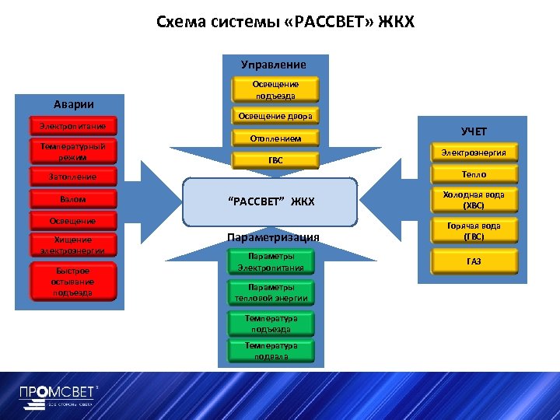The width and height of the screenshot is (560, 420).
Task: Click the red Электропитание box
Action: [72, 126]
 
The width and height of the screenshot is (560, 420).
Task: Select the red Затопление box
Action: [72, 177]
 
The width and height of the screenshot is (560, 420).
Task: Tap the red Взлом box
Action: [72, 199]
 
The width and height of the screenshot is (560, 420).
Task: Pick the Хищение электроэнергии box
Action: [72, 245]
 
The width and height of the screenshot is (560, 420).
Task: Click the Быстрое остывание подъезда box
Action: [72, 282]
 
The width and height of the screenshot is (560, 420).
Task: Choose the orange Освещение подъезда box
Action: [275, 89]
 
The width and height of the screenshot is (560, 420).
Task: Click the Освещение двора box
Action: [275, 117]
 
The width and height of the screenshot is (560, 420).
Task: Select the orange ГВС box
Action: [275, 160]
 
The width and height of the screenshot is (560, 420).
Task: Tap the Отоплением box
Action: [275, 138]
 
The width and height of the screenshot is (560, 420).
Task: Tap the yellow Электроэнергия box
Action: [474, 152]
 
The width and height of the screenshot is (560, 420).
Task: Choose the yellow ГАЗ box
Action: [474, 261]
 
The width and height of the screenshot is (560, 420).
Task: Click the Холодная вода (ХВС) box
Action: [474, 201]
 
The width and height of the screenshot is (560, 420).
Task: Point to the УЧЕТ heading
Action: [474, 131]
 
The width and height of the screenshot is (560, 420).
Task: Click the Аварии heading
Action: [74, 104]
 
